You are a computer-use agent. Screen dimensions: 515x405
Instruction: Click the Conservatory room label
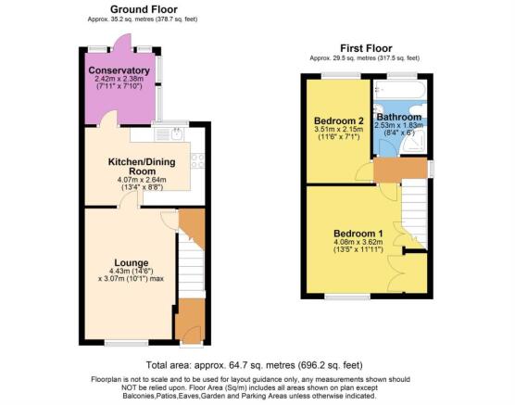point(119,70)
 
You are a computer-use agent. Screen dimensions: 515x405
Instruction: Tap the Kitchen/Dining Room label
point(142,166)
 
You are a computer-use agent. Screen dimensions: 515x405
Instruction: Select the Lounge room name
point(132,262)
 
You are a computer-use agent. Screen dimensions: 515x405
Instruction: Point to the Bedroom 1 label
point(358,234)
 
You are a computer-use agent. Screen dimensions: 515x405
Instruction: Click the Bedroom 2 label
point(339,120)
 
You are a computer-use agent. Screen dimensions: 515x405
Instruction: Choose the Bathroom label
point(399,117)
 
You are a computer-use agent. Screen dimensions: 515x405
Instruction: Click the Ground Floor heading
point(144,9)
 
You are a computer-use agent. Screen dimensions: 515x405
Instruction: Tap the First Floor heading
point(366,48)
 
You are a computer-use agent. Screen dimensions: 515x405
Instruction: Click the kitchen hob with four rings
point(197,160)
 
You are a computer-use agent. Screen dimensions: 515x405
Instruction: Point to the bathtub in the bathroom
point(400,90)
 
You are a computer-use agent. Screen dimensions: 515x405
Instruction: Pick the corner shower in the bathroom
point(414,145)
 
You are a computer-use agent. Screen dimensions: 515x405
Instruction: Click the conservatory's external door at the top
point(121,42)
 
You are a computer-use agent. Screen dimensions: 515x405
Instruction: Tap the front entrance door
point(192,335)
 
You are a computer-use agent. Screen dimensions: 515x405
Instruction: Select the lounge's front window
point(127,344)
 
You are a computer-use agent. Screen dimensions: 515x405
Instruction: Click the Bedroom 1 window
point(347,297)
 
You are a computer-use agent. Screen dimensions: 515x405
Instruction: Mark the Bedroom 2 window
point(341,76)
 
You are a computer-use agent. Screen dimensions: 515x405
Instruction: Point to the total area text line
point(254,365)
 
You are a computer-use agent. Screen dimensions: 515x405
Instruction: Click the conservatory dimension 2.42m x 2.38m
point(119,79)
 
